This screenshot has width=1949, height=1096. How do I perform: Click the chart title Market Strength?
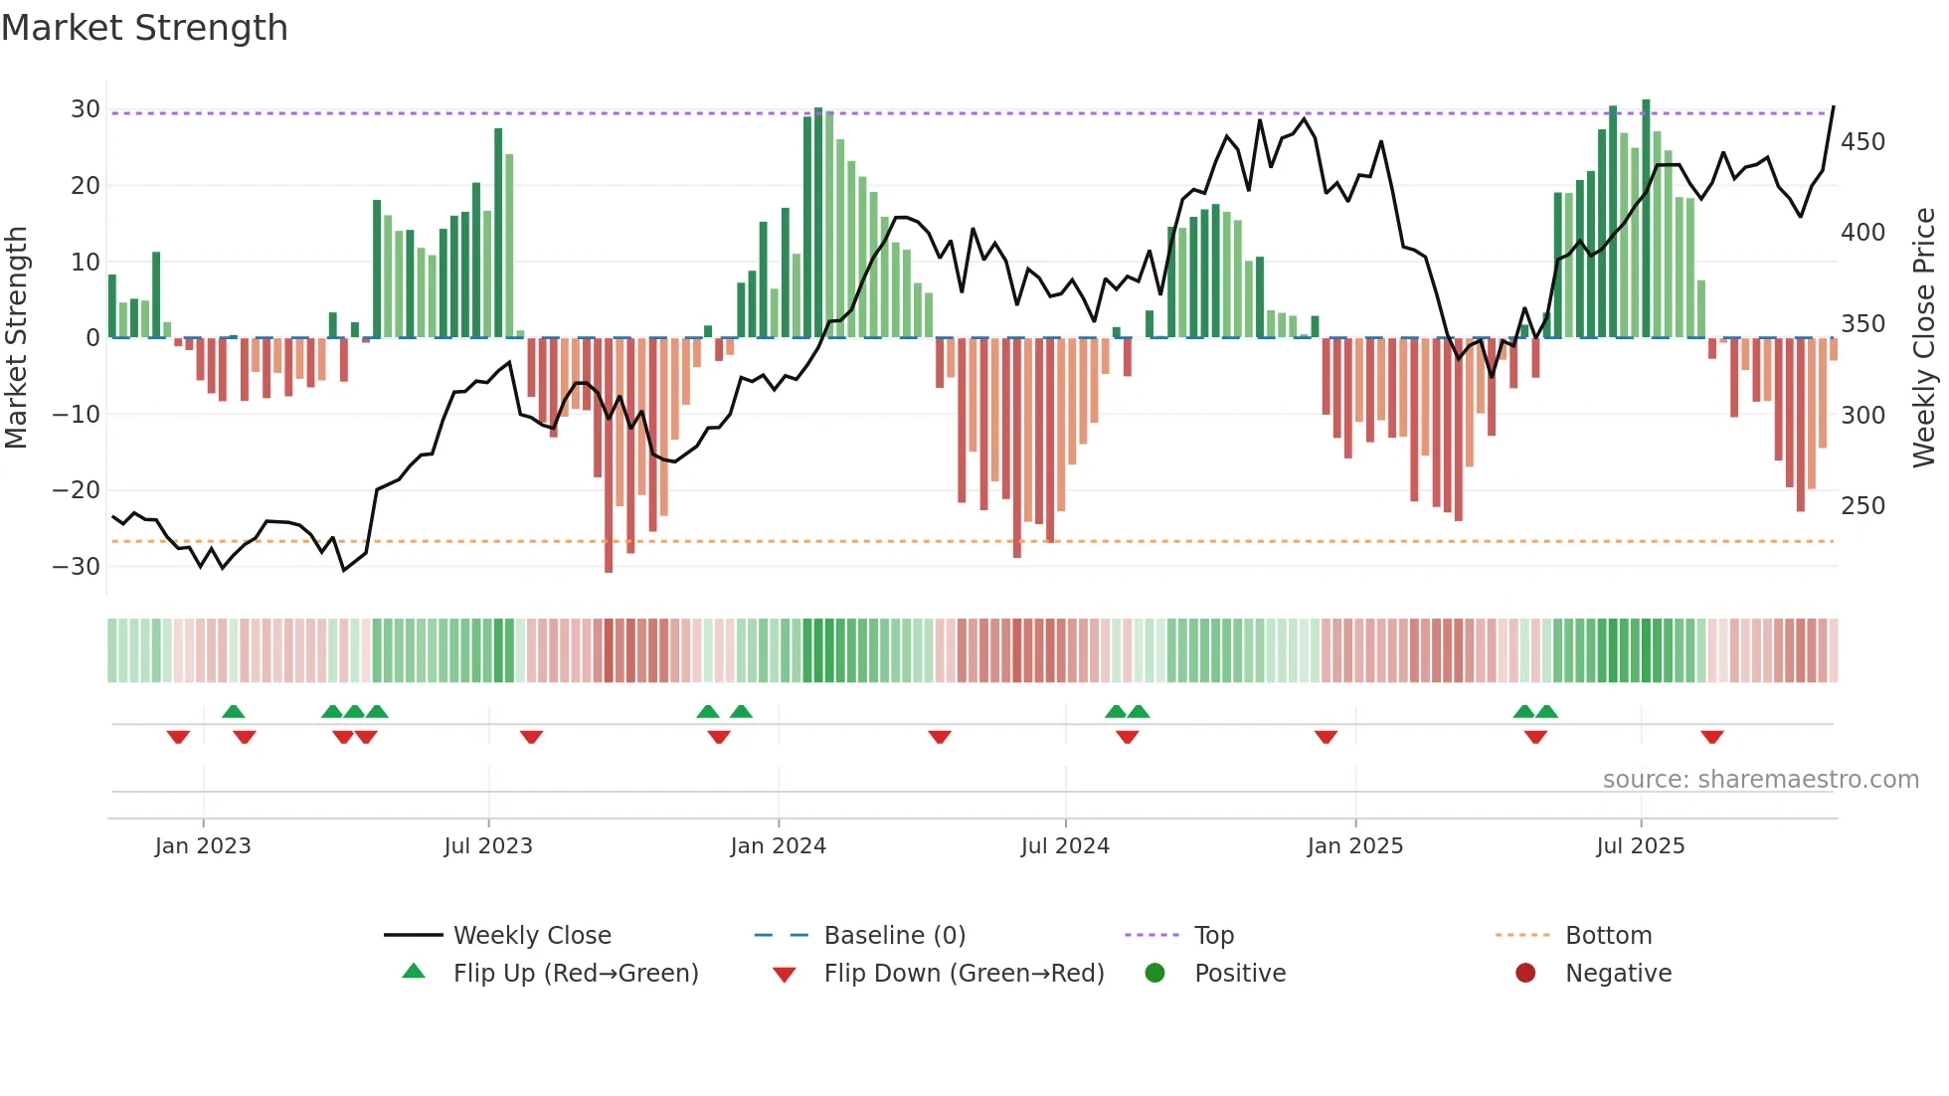point(144,28)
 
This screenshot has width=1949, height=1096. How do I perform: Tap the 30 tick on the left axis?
point(86,109)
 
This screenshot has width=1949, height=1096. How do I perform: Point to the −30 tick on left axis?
point(77,567)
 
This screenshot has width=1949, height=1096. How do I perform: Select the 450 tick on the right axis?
point(1862,142)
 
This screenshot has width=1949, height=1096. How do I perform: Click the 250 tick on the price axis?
point(1862,506)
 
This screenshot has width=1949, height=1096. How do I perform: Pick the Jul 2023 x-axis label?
point(488,846)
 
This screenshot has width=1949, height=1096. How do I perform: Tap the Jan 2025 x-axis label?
point(1354,846)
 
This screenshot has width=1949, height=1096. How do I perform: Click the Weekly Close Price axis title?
point(1925,338)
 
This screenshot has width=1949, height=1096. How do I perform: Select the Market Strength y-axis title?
point(17,338)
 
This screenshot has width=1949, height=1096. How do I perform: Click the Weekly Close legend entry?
point(532,936)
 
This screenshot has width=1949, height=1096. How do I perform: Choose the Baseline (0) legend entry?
point(894,936)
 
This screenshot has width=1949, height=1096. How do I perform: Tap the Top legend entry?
point(1213,936)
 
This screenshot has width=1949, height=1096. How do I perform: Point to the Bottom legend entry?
point(1608,936)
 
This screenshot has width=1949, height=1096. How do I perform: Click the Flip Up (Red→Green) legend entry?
point(575,974)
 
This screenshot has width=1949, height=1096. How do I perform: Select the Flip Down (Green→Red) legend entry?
point(964,974)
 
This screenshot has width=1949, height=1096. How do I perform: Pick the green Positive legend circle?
point(1154,973)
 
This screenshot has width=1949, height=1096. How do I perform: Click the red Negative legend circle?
point(1525,973)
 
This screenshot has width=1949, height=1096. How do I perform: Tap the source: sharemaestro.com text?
point(1760,780)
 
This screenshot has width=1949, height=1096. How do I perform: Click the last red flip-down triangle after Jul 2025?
point(1711,737)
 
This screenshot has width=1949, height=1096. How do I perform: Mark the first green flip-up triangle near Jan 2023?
point(234,711)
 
